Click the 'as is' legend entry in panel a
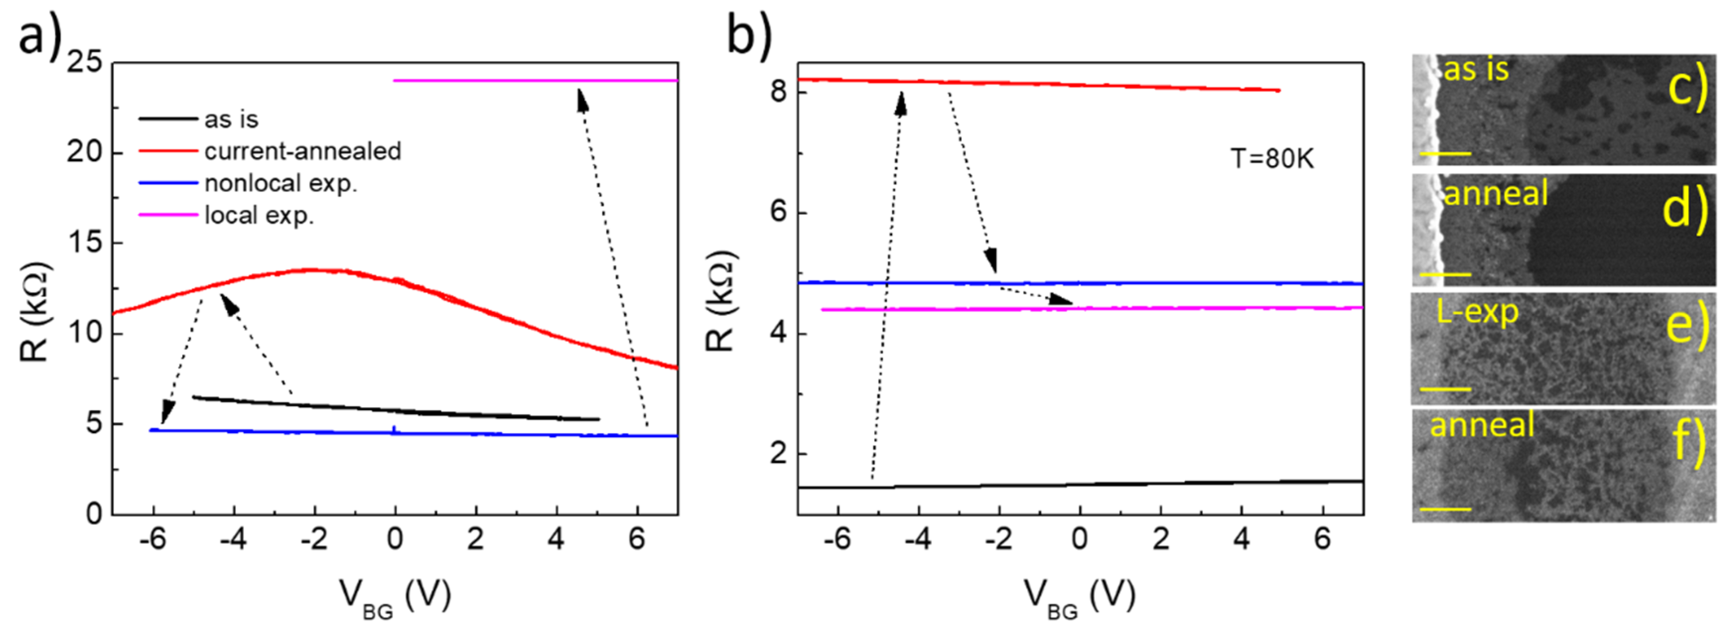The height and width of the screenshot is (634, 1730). [x=231, y=120]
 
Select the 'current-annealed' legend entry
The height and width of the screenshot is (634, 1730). [x=302, y=151]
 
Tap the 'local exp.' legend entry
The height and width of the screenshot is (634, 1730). [x=259, y=216]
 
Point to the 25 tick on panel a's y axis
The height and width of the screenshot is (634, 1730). [x=85, y=63]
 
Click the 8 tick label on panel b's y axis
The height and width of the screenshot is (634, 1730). [x=779, y=91]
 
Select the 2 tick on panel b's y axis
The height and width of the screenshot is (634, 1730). [x=779, y=453]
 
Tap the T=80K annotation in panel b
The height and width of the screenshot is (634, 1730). [x=1271, y=159]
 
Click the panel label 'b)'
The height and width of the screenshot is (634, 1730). [x=749, y=37]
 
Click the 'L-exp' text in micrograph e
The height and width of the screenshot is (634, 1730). [x=1477, y=313]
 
